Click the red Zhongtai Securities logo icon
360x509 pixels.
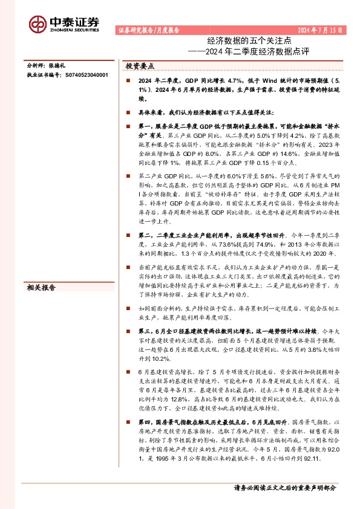[x=38, y=24]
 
